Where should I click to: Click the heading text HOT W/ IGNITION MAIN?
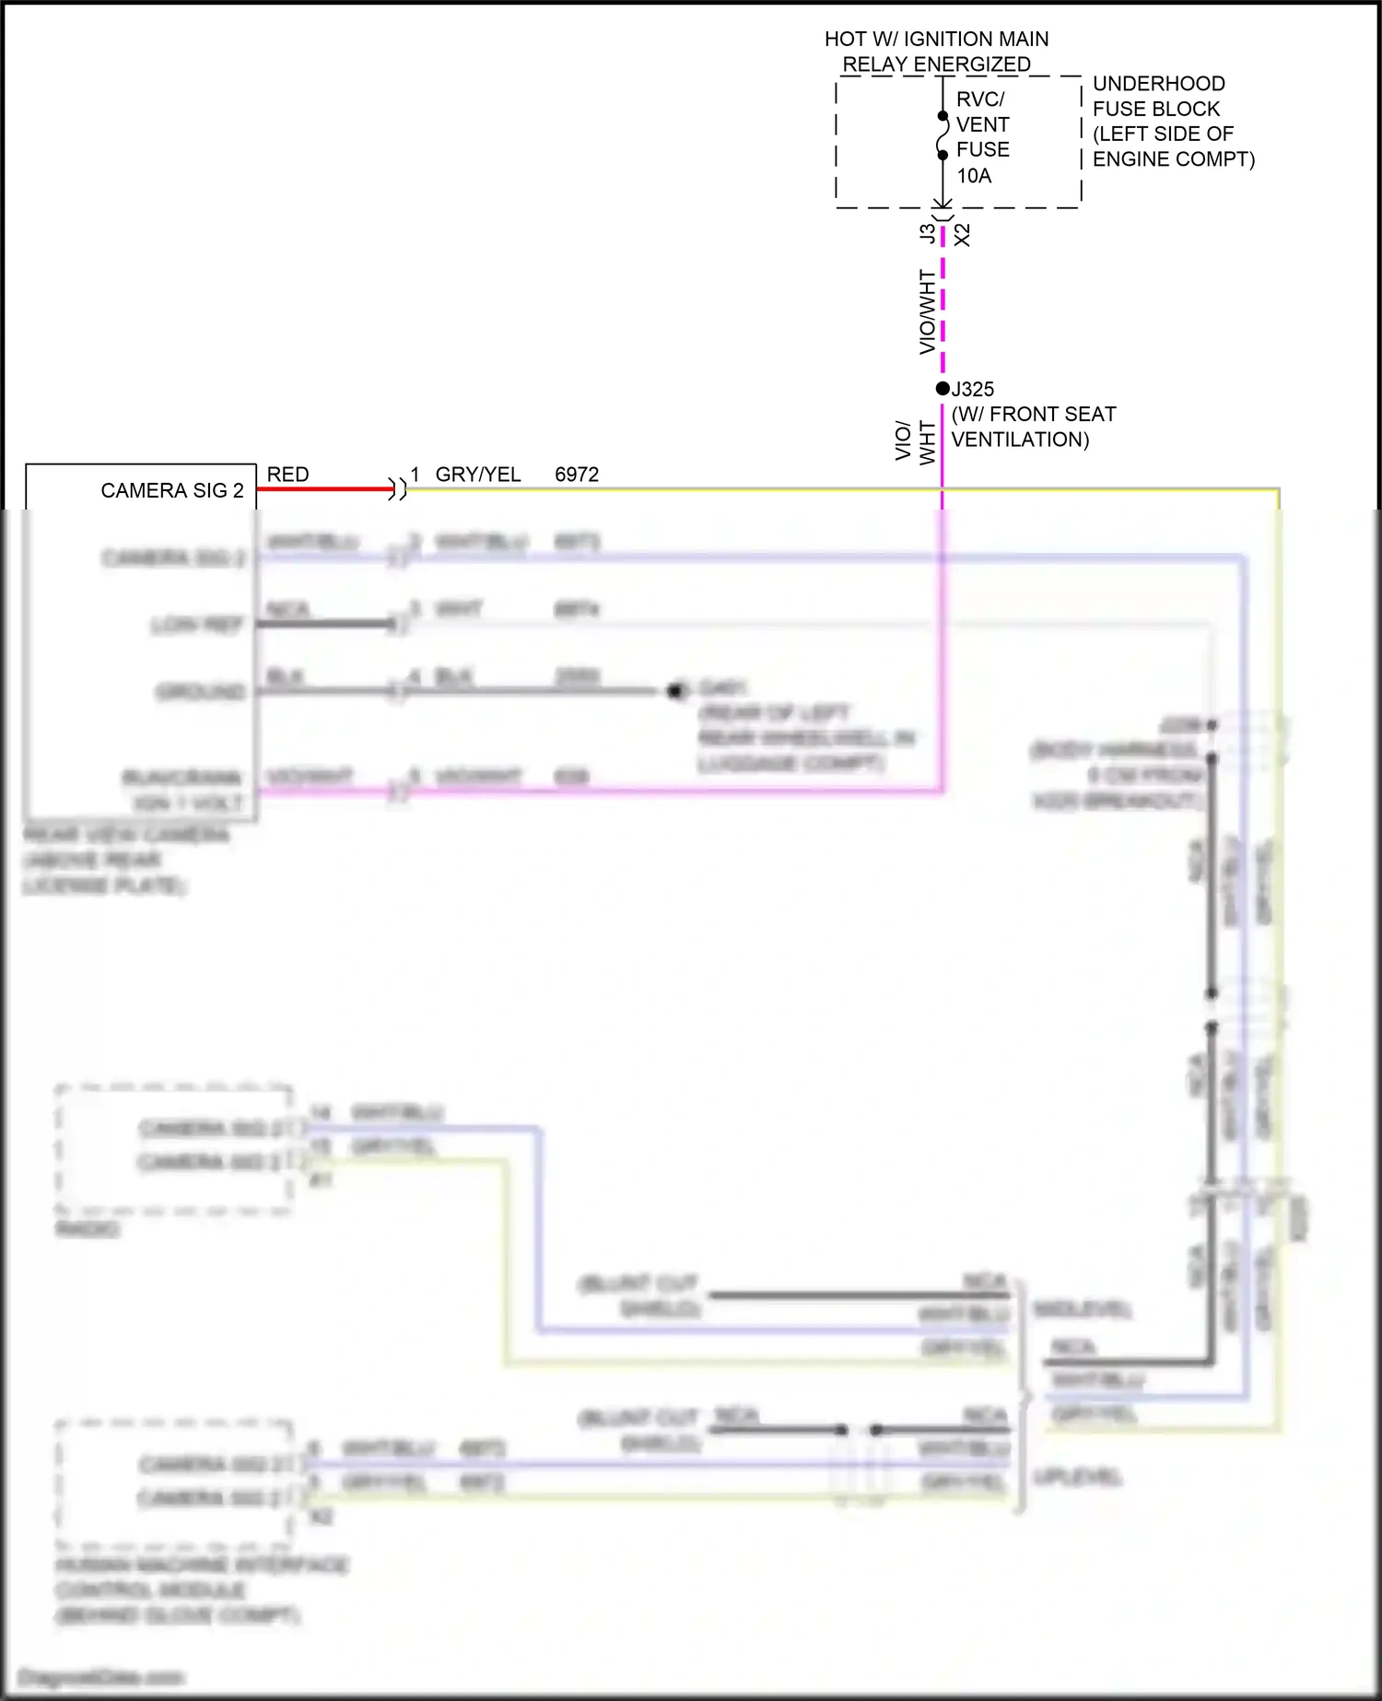point(936,39)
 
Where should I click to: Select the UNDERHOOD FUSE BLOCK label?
point(1157,96)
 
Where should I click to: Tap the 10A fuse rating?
point(974,175)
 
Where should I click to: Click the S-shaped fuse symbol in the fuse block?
point(942,135)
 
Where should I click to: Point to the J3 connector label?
point(927,234)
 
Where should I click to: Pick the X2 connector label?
point(963,234)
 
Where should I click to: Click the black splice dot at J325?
point(942,389)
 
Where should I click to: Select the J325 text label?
point(975,389)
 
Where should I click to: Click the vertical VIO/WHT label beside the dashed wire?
point(927,311)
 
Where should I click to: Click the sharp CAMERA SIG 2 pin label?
point(172,490)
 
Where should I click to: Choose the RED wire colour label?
point(287,475)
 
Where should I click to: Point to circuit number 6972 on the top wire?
point(577,475)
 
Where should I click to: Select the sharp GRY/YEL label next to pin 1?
point(477,475)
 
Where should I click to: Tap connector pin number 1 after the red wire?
point(416,475)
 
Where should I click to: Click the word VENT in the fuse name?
point(982,124)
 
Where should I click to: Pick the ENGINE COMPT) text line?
point(1173,159)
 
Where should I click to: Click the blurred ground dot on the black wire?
point(675,690)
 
